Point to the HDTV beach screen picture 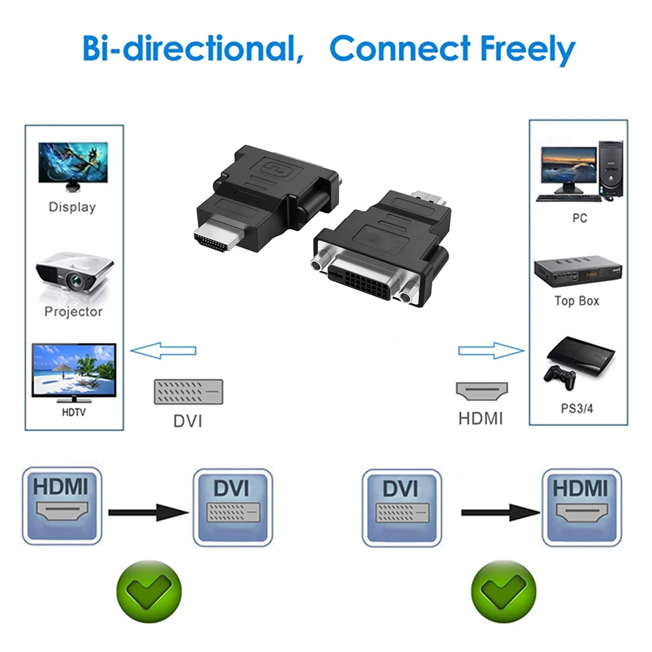pyautogui.click(x=74, y=370)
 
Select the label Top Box pyautogui.click(x=577, y=301)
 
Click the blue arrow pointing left pyautogui.click(x=163, y=351)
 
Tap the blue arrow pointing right pyautogui.click(x=490, y=351)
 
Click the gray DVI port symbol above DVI pyautogui.click(x=188, y=391)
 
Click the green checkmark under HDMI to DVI pyautogui.click(x=148, y=591)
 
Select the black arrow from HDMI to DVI pyautogui.click(x=149, y=512)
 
